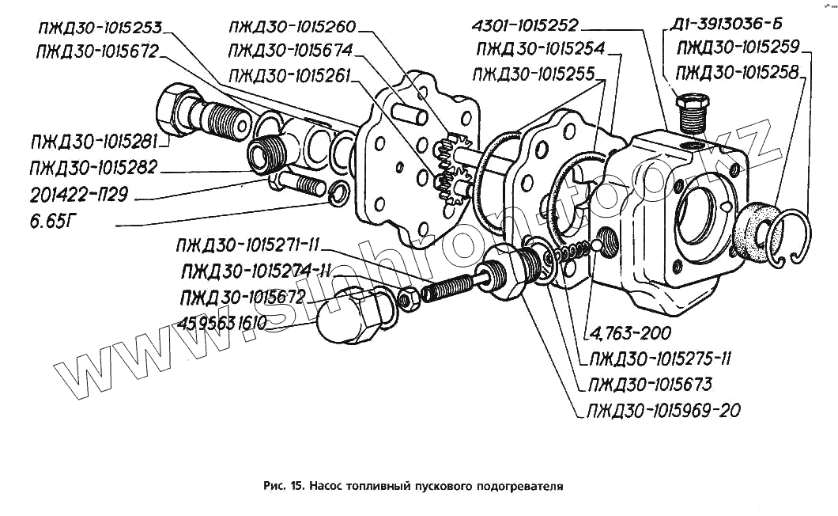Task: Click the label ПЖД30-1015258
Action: tap(738, 72)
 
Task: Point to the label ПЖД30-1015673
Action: tap(648, 385)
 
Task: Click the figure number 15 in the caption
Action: tap(296, 485)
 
